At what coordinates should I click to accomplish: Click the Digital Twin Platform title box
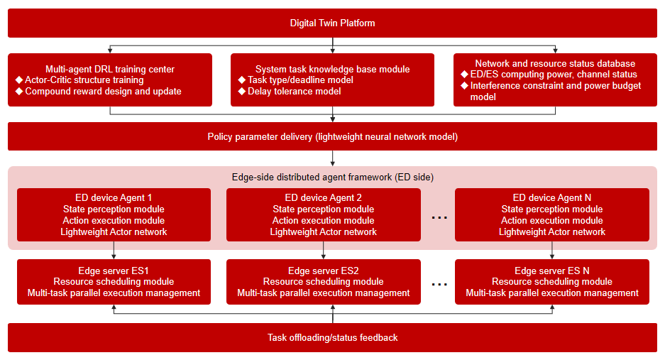click(x=332, y=23)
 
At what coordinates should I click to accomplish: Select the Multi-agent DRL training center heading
click(x=110, y=69)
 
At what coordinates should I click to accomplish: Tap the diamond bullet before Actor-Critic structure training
click(x=19, y=80)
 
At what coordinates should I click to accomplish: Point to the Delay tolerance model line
click(x=294, y=92)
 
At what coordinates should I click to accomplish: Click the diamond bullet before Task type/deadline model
click(x=242, y=80)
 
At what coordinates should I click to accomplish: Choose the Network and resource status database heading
click(x=555, y=64)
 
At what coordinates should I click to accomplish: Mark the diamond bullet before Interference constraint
click(x=464, y=86)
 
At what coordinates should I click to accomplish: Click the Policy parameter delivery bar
click(x=332, y=137)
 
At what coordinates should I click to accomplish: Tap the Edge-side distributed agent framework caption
click(x=332, y=177)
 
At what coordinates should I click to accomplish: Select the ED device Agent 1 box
click(x=114, y=215)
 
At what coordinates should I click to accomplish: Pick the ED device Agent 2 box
click(x=324, y=215)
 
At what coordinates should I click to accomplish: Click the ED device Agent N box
click(x=551, y=215)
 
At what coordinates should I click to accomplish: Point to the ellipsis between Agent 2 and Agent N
click(x=439, y=218)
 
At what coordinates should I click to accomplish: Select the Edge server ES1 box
click(x=114, y=282)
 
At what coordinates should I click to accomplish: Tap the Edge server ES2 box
click(x=324, y=282)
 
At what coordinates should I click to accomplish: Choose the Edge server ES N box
click(x=551, y=282)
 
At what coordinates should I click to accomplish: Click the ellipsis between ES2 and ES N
click(x=439, y=285)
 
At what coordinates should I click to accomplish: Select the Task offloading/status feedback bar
click(x=332, y=337)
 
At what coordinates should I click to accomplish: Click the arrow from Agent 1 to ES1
click(x=114, y=251)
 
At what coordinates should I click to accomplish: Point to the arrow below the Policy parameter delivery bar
click(x=332, y=158)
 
